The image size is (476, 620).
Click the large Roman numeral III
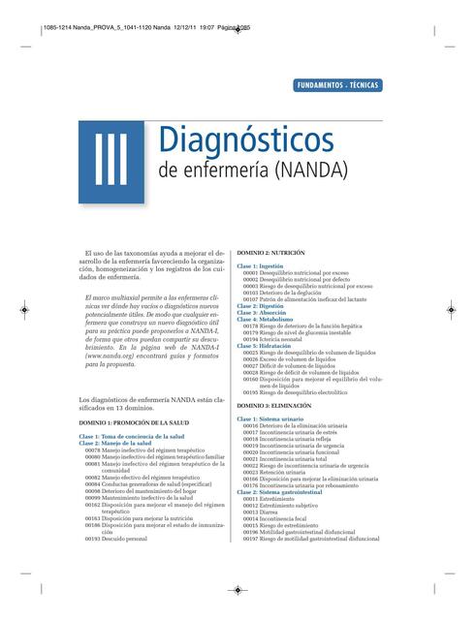(112, 158)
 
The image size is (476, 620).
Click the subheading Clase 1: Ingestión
(261, 264)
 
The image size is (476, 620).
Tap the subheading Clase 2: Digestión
(261, 306)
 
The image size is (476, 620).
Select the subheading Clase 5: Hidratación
(264, 344)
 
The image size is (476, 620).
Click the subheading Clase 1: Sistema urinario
(270, 418)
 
